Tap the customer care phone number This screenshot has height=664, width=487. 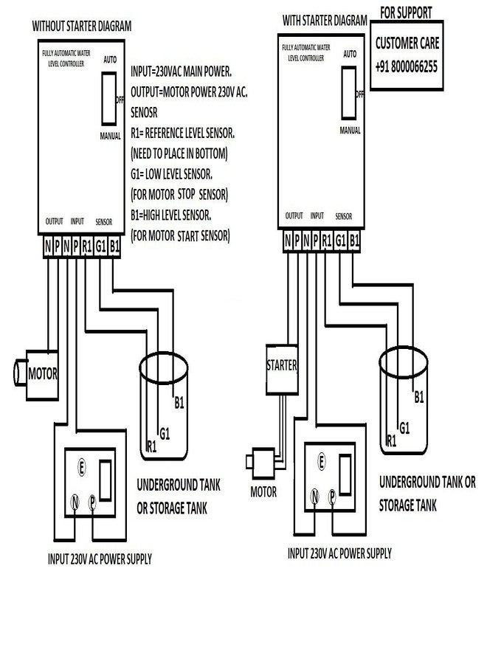coord(406,66)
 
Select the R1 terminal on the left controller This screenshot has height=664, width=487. coord(87,246)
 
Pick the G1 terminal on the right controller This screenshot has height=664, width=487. coord(340,241)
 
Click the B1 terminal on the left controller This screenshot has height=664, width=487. coord(114,246)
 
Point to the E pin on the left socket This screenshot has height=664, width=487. coord(81,468)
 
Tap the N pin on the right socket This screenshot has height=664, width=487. coord(314,496)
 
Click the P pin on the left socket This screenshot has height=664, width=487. coord(92,502)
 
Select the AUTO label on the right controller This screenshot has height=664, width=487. coord(350,54)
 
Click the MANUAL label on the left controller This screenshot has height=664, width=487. coord(110,136)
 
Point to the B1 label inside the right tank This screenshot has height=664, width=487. coord(419,397)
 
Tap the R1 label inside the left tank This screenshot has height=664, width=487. coord(151,446)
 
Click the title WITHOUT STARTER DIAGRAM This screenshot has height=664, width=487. coord(82,26)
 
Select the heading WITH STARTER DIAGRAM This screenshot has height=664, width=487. coord(325,20)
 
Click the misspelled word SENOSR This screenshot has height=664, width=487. coord(144,112)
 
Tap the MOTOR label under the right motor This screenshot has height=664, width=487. coord(263,491)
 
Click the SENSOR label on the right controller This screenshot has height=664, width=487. coord(343,216)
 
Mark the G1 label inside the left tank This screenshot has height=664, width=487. coord(165,433)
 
